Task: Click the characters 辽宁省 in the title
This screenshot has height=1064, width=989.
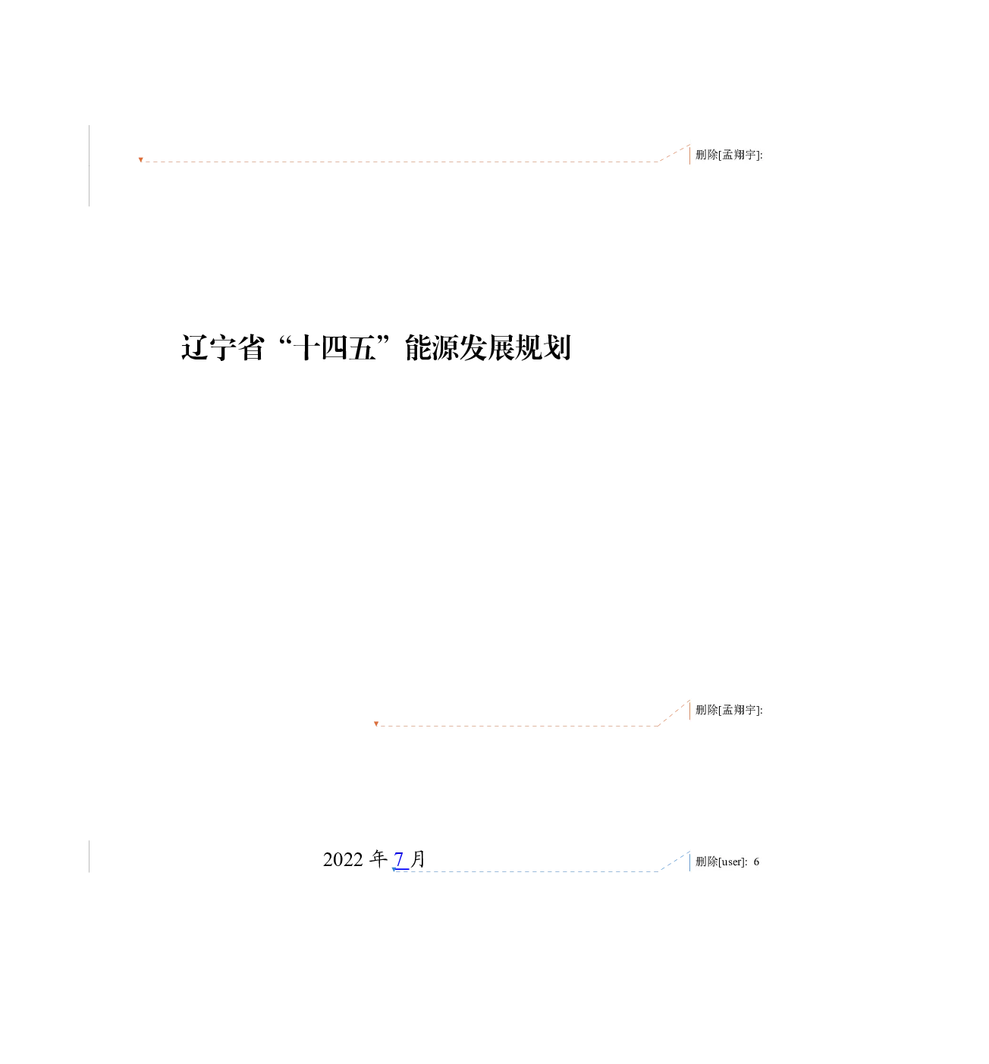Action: click(222, 347)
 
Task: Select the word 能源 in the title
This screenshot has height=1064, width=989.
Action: click(432, 347)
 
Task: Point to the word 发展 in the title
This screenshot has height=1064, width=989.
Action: click(487, 347)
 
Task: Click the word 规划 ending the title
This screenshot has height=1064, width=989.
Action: click(543, 347)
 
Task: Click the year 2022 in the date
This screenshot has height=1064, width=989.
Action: click(343, 860)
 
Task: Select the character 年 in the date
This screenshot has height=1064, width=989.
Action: click(378, 859)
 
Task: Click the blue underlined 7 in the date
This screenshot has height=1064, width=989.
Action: click(399, 860)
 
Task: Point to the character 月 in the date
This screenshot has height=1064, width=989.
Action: click(418, 859)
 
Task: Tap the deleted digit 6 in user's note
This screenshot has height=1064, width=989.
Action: click(756, 862)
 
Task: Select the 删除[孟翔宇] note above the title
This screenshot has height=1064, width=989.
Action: click(729, 155)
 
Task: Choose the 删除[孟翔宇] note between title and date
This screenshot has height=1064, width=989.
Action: click(729, 710)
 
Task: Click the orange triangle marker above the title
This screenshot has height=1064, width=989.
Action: click(141, 160)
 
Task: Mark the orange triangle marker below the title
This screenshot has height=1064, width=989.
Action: click(376, 723)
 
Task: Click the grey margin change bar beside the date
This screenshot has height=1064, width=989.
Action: click(89, 856)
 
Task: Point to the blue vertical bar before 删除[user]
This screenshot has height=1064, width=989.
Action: click(690, 862)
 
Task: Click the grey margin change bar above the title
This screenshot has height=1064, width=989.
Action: click(89, 165)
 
